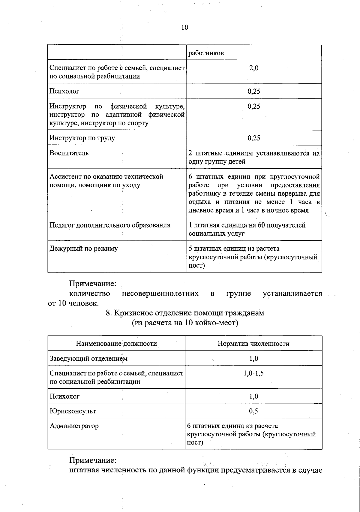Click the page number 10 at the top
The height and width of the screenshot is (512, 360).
[x=184, y=28]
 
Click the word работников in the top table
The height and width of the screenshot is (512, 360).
[x=206, y=53]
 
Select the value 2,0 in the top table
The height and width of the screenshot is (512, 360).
[x=254, y=68]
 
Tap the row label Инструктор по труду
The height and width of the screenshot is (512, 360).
[x=82, y=138]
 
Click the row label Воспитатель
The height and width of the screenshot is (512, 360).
[x=69, y=153]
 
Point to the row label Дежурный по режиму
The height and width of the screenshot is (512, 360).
[x=83, y=248]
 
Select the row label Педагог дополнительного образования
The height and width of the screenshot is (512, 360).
[x=110, y=225]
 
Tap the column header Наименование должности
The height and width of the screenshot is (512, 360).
[x=116, y=344]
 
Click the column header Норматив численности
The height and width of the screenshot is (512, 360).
[x=253, y=344]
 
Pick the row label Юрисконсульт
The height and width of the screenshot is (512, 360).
[x=73, y=411]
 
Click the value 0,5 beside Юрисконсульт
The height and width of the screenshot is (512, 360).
[x=253, y=411]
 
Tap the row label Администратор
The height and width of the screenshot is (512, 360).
[x=74, y=426]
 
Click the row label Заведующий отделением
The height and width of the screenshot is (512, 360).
[x=88, y=359]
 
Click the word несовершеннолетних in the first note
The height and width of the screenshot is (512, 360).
[x=160, y=294]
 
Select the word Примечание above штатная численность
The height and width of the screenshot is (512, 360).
[x=93, y=460]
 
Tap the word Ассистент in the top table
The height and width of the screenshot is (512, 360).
[x=64, y=176]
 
